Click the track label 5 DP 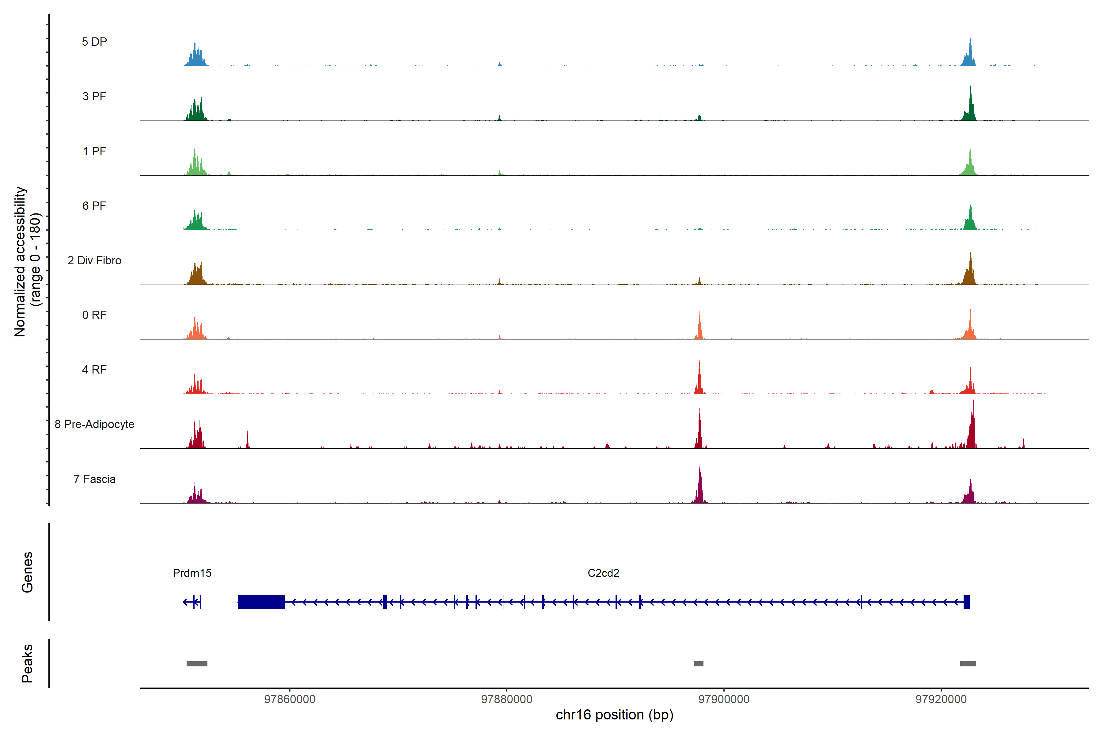94,42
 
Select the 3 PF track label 94,96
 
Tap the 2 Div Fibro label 94,260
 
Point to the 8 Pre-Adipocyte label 94,424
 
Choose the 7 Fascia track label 94,479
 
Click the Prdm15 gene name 192,573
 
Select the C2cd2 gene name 603,573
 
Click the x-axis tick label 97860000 289,700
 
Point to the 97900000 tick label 724,700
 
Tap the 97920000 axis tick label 941,700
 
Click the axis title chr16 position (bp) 614,715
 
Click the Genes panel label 27,572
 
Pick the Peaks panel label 27,663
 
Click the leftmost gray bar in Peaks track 197,664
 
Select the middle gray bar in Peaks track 699,664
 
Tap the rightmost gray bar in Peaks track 968,664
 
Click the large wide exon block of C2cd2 261,602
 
